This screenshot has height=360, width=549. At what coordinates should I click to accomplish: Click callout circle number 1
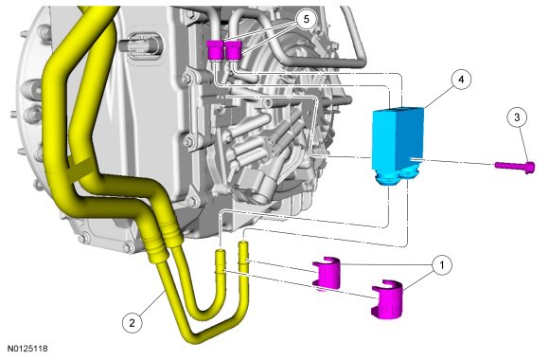[x=442, y=265]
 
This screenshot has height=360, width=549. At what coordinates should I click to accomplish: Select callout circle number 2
[x=132, y=323]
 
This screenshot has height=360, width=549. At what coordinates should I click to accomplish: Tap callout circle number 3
[x=518, y=117]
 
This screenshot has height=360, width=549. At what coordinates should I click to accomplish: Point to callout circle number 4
[x=461, y=80]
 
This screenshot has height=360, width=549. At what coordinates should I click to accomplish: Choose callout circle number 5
[x=307, y=19]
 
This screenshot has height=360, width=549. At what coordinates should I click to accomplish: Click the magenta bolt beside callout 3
[x=515, y=166]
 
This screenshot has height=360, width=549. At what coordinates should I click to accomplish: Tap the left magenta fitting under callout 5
[x=214, y=50]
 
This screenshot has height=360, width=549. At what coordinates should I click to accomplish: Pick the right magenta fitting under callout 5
[x=234, y=50]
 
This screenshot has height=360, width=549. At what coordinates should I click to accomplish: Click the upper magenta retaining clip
[x=327, y=274]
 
